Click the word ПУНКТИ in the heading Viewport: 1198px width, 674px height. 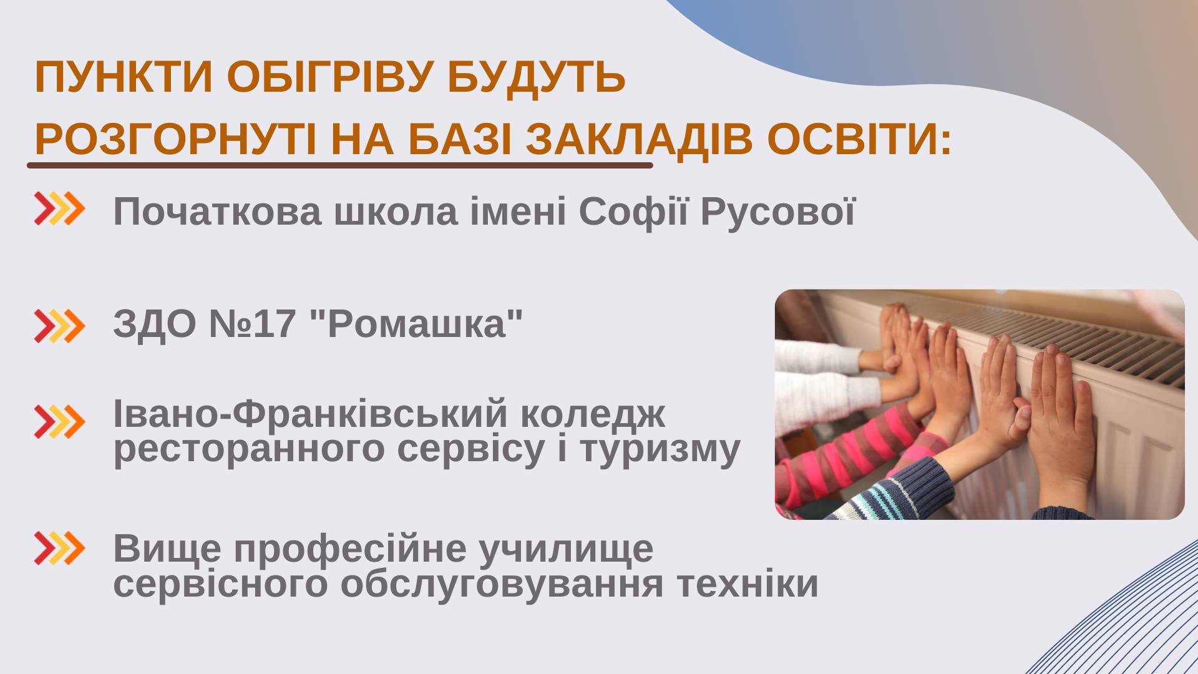[124, 77]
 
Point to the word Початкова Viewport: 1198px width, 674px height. [217, 211]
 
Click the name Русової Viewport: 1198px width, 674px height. [777, 211]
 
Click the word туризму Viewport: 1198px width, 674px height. [660, 449]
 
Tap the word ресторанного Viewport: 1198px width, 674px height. [248, 449]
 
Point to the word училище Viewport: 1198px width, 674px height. [567, 549]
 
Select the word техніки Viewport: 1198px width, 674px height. [748, 584]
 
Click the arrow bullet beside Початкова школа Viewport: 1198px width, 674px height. [59, 208]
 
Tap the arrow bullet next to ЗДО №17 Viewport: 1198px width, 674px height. [59, 326]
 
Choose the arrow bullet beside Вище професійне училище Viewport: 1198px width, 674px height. [59, 549]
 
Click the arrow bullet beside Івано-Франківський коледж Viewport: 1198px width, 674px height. [59, 421]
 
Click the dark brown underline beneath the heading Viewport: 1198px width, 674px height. [340, 165]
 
